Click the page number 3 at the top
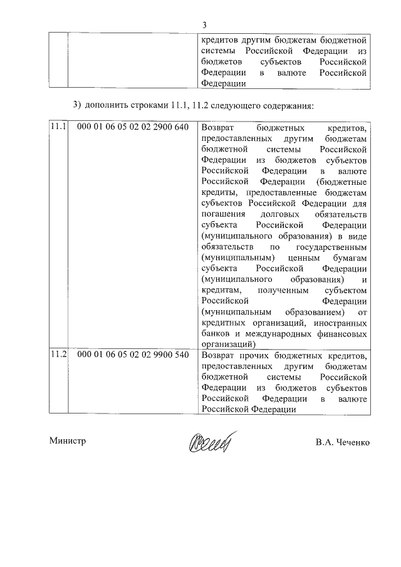204,25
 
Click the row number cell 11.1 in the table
58,127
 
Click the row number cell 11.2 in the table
58,355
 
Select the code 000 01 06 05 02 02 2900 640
132,127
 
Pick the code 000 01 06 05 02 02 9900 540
132,355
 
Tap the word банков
217,333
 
